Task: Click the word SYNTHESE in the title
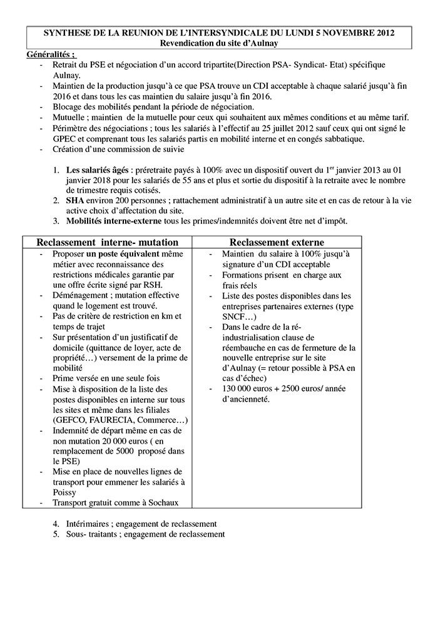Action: (66, 33)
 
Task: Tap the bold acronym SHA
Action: (75, 201)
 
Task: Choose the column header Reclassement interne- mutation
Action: (108, 242)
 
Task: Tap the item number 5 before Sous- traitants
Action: (56, 534)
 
